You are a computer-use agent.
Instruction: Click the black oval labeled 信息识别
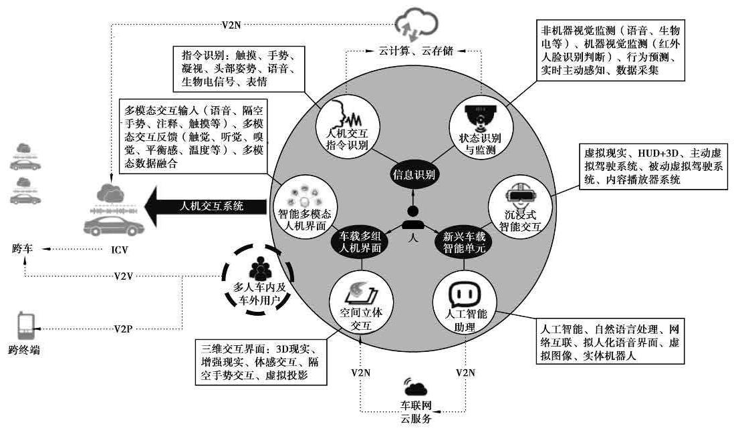pyautogui.click(x=414, y=176)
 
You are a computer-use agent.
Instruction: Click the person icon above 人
pyautogui.click(x=413, y=216)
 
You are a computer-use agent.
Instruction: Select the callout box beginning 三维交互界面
pyautogui.click(x=262, y=363)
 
